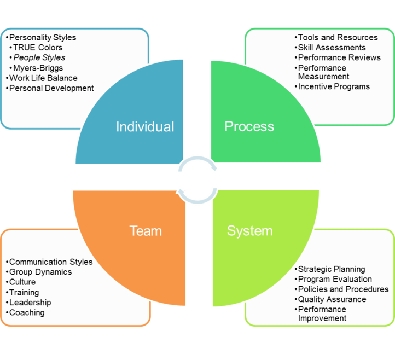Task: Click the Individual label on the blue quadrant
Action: point(145,127)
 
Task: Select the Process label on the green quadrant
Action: point(249,126)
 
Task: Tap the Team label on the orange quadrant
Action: point(146,231)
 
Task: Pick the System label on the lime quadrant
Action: point(249,231)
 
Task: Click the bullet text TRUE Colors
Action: point(38,48)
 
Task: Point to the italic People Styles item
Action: point(39,57)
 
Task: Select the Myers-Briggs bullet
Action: point(38,68)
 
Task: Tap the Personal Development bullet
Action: point(51,88)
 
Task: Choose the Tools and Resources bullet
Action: point(338,37)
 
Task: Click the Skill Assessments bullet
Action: point(332,48)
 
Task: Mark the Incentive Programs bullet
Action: point(334,86)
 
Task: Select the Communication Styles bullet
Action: point(51,262)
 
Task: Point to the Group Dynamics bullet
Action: point(40,272)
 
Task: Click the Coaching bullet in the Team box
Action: point(27,312)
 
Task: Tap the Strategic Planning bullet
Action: point(331,269)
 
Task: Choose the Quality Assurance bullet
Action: point(332,299)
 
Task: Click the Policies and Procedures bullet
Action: point(343,289)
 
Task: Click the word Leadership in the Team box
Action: point(30,303)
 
